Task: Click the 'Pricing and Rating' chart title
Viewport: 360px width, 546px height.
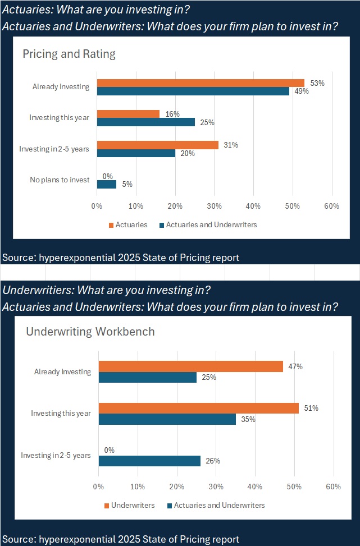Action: (x=69, y=54)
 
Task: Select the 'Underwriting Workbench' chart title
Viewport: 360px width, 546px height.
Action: (x=90, y=332)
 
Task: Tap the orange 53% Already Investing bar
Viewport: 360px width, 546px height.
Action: (x=200, y=83)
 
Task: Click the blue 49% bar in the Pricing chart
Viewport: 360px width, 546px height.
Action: (x=193, y=91)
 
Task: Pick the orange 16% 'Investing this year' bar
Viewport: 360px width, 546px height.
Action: (x=128, y=114)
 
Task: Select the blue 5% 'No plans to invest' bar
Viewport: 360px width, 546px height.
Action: (x=106, y=184)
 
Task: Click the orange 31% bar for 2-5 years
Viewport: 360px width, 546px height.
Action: (x=158, y=145)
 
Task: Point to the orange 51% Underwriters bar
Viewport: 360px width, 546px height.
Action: (x=198, y=409)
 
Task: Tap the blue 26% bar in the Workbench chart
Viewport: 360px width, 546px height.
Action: (x=149, y=461)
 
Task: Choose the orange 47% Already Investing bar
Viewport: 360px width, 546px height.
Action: (x=190, y=366)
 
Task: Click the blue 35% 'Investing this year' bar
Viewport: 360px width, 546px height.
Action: (x=167, y=419)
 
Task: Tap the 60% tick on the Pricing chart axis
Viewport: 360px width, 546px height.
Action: (x=331, y=206)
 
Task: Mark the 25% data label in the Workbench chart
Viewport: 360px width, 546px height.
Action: (x=209, y=377)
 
